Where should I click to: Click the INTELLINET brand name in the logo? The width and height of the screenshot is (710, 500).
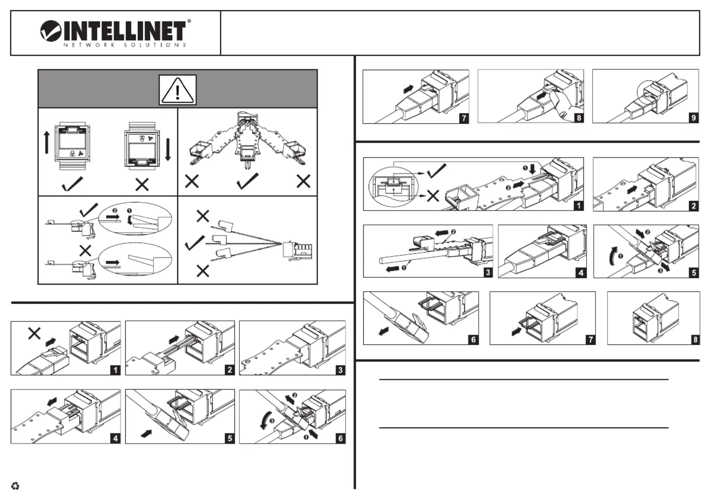pos(125,31)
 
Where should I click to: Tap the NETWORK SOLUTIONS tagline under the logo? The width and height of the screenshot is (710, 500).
pos(125,45)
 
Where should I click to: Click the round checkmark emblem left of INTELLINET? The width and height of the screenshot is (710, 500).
pos(51,31)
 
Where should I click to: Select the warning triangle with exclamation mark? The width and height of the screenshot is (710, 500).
pos(178,90)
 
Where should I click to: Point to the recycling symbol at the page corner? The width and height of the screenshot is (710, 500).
pos(15,486)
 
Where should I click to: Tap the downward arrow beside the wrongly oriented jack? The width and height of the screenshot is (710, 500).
pos(168,150)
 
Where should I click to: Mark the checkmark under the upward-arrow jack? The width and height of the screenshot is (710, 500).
pos(72,183)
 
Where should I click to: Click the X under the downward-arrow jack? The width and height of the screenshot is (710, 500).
pos(142,184)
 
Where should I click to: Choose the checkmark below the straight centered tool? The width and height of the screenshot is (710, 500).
pos(247,181)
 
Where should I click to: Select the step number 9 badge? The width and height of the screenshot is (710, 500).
pos(693,118)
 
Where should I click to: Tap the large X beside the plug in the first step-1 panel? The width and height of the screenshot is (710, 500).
pos(34,333)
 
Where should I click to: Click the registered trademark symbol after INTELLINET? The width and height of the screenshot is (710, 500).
pos(189,21)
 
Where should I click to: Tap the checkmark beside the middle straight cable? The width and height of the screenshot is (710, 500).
pos(195,243)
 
